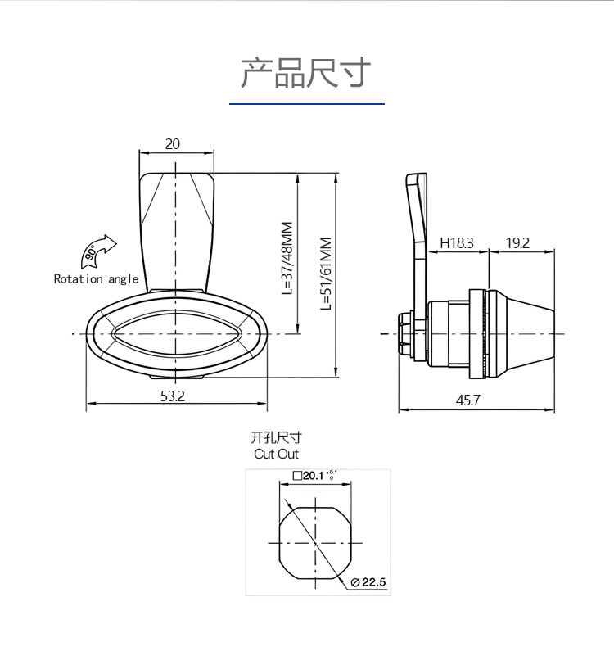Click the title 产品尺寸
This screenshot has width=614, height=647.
306,73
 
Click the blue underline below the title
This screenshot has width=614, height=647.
307,104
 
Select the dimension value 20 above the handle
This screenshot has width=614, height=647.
173,143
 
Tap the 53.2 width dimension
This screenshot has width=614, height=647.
173,396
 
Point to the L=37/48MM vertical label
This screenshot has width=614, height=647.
287,258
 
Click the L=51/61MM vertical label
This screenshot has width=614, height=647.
326,274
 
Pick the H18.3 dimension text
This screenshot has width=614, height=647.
457,242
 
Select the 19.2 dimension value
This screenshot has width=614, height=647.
517,243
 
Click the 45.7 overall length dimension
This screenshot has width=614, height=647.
468,400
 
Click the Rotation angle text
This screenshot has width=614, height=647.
96,279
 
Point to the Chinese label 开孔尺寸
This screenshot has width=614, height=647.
276,437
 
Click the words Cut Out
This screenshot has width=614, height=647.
276,454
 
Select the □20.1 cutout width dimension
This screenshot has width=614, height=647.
315,475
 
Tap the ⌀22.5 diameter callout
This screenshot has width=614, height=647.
368,582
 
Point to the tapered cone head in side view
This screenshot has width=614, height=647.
521,334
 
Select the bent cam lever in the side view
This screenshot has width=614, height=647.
417,247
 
